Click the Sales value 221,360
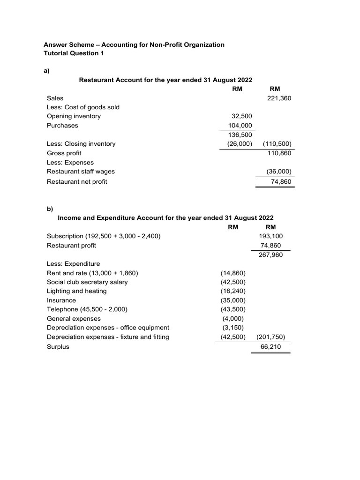point(279,98)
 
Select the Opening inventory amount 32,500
point(242,116)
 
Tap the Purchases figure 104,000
point(240,126)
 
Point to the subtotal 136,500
point(240,135)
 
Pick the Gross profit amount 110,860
point(279,153)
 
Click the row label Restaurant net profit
point(77,181)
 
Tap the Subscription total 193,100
point(271,236)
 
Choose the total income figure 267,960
point(271,255)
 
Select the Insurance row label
point(61,300)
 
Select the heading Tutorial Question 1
point(74,53)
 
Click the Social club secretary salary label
point(87,282)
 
